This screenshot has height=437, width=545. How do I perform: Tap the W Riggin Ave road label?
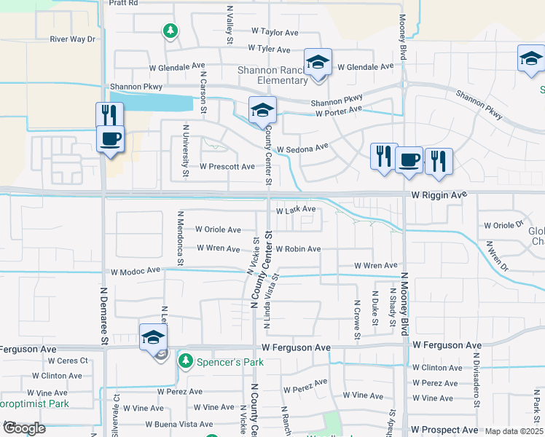tap(439, 195)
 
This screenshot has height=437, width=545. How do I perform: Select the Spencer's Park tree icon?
tap(187, 361)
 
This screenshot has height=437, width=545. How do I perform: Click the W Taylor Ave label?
tap(275, 33)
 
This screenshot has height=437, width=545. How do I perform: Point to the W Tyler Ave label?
tap(270, 48)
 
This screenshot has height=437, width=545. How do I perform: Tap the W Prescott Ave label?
tap(227, 167)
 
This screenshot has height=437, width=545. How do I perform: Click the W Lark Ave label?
tap(295, 210)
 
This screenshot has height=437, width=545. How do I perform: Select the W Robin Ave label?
tap(297, 249)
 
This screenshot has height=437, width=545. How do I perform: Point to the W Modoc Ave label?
tap(135, 271)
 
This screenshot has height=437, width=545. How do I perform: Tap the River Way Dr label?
tap(73, 39)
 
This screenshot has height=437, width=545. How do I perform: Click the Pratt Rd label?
tap(123, 3)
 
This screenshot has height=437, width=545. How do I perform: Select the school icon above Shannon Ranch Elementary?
tap(318, 63)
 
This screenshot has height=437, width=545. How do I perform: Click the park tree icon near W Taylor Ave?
tap(170, 31)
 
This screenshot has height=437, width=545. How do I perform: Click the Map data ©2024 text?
tap(514, 431)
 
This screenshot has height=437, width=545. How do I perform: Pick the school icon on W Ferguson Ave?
tap(153, 337)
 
